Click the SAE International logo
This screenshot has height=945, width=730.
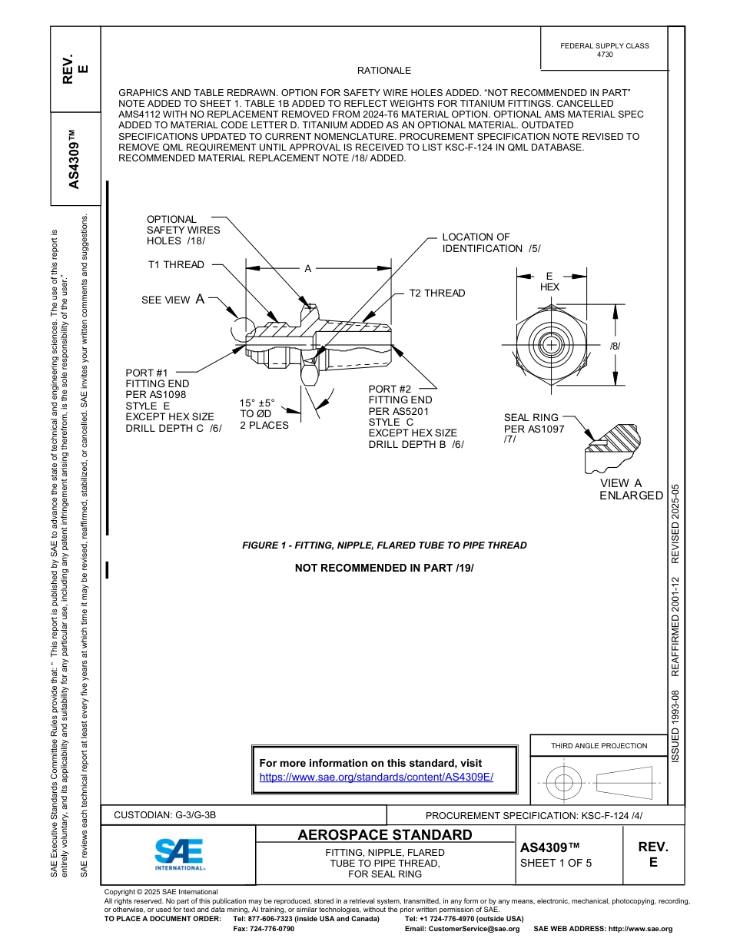[x=179, y=854]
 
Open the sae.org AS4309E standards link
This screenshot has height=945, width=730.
[x=376, y=777]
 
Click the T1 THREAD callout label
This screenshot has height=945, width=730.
[x=176, y=265]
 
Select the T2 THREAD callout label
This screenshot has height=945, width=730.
[x=436, y=293]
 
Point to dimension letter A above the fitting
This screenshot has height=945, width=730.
[x=307, y=269]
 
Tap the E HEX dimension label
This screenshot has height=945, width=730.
[x=549, y=281]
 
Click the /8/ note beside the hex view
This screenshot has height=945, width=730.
[x=615, y=346]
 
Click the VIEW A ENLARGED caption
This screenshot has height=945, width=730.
[x=631, y=489]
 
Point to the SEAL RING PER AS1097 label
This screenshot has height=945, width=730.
[x=533, y=429]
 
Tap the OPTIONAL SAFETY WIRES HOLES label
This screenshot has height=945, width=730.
[x=183, y=230]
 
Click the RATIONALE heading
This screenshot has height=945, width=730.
[x=384, y=71]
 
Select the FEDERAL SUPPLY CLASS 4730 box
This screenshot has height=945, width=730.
[x=604, y=50]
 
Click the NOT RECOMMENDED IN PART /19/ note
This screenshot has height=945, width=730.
[x=384, y=568]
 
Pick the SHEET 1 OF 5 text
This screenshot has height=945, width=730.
[x=556, y=863]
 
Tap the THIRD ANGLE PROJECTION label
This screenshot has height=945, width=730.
[x=599, y=745]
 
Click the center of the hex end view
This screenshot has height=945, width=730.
[x=550, y=345]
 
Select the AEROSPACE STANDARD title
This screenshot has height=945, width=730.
[x=385, y=835]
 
